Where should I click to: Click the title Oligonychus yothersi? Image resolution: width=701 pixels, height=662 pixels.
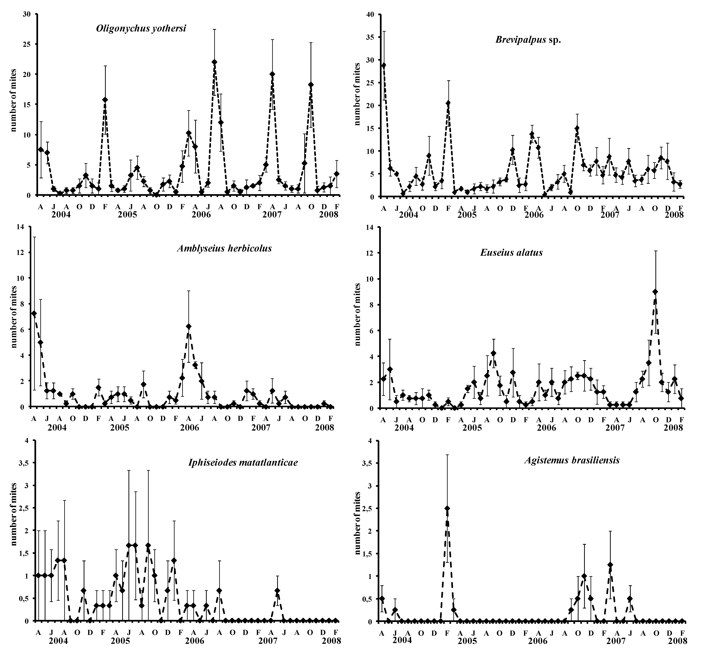click(141, 29)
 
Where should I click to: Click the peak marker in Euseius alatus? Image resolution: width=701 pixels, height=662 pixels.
click(655, 291)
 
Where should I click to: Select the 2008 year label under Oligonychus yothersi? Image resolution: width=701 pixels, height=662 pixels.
click(328, 215)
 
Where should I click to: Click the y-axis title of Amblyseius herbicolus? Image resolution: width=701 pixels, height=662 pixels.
click(14, 317)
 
